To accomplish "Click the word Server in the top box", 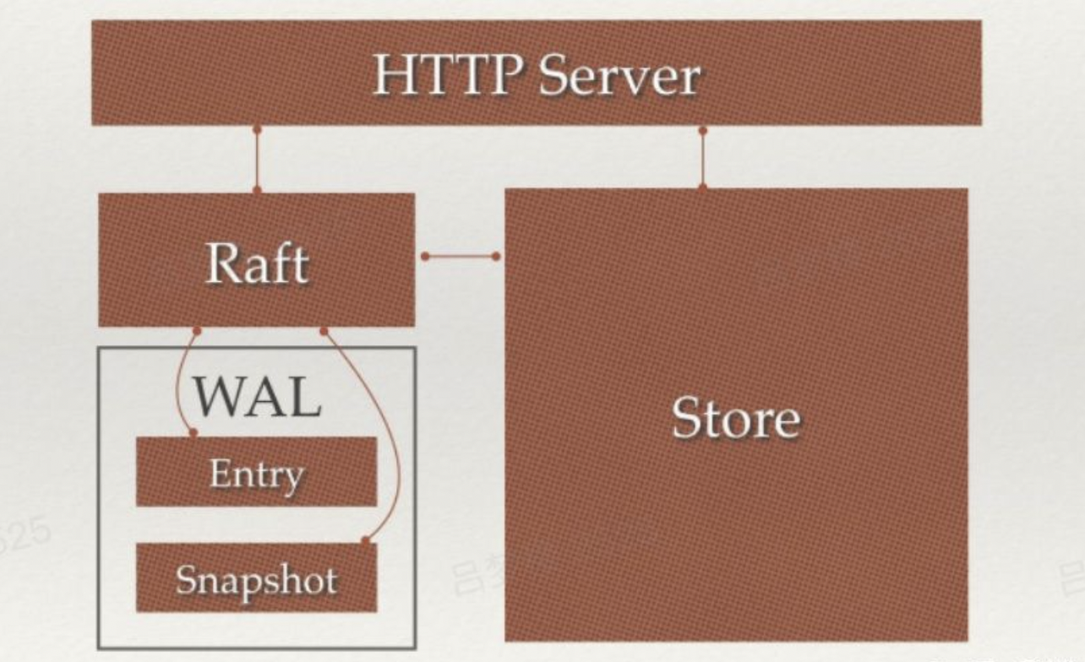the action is click(620, 76).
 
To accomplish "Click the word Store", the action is click(735, 418).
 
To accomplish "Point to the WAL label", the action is click(257, 396).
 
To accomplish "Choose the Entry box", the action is click(256, 473).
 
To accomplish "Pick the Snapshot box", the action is click(256, 579).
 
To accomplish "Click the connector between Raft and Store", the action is click(461, 256).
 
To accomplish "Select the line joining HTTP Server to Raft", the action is click(257, 160).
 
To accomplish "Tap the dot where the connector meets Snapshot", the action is click(364, 540).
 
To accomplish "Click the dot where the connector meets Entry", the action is click(194, 433).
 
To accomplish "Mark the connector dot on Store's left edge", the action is click(496, 256).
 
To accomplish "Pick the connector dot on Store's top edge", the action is click(702, 187).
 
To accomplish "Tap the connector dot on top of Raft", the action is click(257, 191).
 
